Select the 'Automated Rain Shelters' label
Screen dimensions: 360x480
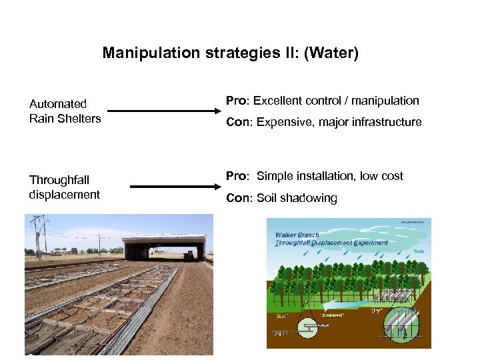(65, 111)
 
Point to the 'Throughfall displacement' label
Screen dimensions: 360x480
(64, 187)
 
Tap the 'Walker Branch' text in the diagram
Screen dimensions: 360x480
(297, 235)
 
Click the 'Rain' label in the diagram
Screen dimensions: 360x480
(418, 251)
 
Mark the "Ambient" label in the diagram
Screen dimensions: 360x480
(332, 314)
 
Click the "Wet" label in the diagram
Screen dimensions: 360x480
(281, 316)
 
